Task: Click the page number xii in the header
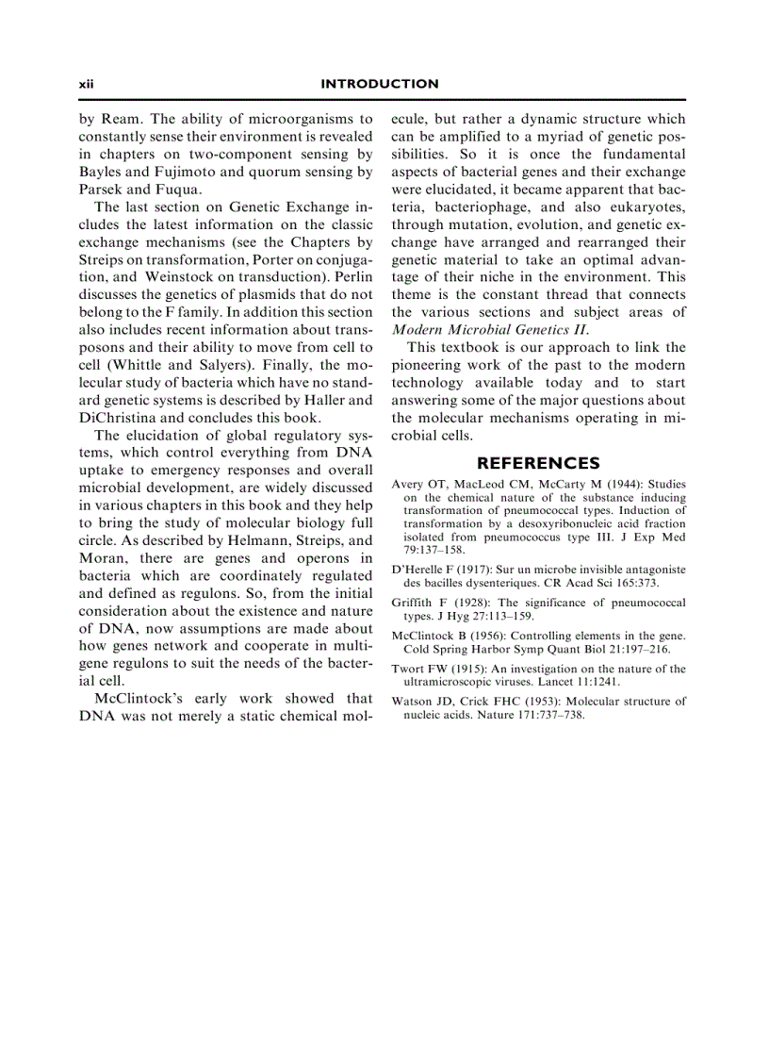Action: (87, 84)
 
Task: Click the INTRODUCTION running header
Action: (380, 84)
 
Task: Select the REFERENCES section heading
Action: (538, 463)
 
